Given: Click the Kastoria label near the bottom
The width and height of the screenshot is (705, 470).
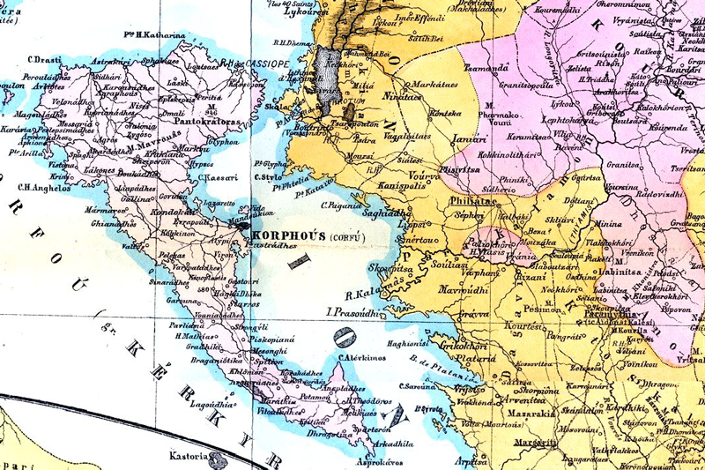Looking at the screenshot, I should tap(189, 457).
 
